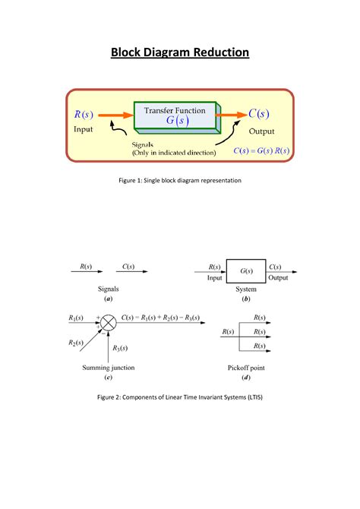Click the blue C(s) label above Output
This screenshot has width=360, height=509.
pos(258,115)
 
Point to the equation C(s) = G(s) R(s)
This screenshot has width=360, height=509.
pos(261,150)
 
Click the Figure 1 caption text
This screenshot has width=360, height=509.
pos(180,181)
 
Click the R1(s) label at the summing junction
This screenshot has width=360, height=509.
pos(76,318)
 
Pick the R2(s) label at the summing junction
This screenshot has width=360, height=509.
pos(76,344)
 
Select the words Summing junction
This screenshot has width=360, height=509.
pos(109,368)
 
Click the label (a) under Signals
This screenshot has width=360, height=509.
pos(109,299)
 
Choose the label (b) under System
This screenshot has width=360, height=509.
pos(246,299)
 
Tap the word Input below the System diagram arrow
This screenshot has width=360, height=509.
pos(215,278)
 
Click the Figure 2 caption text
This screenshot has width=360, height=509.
pos(180,397)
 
